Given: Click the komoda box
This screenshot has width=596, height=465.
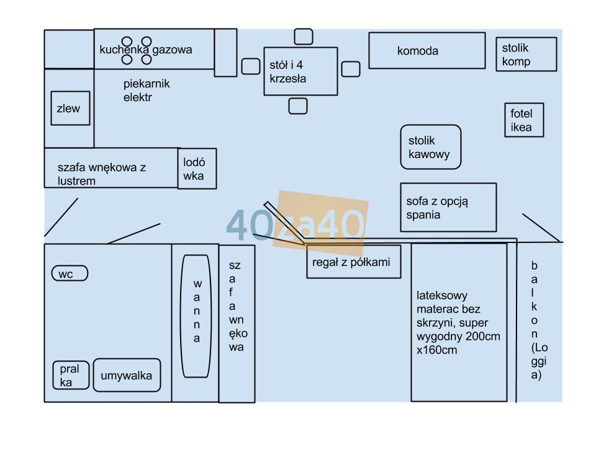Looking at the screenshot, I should [x=427, y=50].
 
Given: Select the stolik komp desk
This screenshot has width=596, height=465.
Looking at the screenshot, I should [x=526, y=54].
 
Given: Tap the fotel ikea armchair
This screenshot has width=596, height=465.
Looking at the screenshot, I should [x=523, y=120].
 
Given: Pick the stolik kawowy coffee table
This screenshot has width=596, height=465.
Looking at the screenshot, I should [x=431, y=147].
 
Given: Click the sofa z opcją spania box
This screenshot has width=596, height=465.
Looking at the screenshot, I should [x=448, y=207].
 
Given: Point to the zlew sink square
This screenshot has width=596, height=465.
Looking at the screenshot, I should [x=70, y=108].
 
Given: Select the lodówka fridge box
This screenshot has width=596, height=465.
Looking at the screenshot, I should [x=197, y=168].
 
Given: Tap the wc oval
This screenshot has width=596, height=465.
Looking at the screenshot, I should [x=70, y=273].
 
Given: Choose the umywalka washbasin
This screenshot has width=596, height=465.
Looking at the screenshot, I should [x=127, y=375].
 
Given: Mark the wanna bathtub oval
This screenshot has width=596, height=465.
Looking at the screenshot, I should [x=196, y=316].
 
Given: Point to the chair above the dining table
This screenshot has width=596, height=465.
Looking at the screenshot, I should [x=304, y=37].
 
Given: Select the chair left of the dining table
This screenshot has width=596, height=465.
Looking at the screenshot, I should [x=251, y=66].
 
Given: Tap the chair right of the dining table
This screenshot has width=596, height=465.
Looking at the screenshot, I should [x=351, y=68].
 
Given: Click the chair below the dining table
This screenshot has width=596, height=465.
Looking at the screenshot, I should [x=298, y=106].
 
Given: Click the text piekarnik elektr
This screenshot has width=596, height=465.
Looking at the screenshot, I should [x=146, y=91].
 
